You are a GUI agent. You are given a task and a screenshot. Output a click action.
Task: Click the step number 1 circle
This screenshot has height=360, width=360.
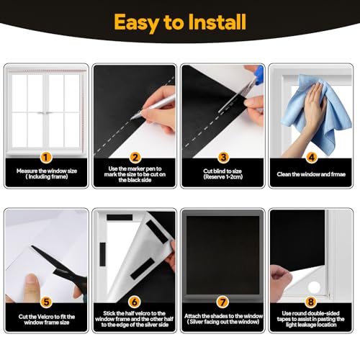(46, 156)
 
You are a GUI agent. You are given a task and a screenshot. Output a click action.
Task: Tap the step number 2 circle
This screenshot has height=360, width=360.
(134, 156)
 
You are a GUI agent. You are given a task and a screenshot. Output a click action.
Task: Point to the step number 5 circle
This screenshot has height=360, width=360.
(46, 302)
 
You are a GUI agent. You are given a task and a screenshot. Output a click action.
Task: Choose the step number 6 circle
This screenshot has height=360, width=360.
(134, 302)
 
